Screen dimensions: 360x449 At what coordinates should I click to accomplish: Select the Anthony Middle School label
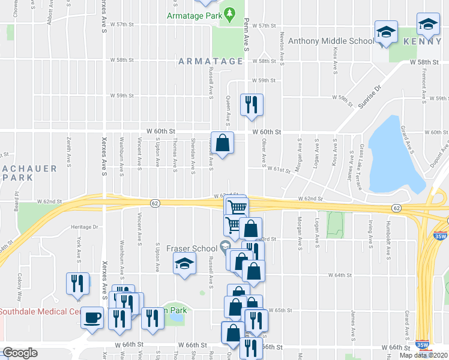331,41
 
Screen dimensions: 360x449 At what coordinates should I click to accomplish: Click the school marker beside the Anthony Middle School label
387,32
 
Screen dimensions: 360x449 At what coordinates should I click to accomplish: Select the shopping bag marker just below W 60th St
222,143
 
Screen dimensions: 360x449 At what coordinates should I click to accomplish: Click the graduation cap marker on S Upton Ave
185,263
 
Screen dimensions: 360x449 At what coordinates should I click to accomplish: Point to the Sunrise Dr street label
370,95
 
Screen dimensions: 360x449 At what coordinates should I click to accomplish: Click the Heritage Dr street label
84,227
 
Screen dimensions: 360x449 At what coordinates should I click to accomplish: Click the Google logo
20,353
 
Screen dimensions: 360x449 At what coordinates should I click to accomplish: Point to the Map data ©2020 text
424,355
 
